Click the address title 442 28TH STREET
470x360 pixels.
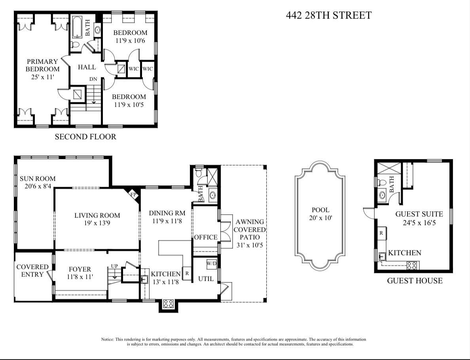[328, 15]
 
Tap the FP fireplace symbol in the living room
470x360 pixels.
[133, 195]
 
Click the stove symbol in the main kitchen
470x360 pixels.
[169, 304]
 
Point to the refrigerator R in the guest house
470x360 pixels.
[381, 233]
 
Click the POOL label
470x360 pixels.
[320, 210]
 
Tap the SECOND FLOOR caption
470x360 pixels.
[85, 137]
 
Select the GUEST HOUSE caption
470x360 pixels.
[414, 281]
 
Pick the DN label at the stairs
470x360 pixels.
[93, 79]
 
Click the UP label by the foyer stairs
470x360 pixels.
[114, 266]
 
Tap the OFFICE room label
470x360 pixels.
[205, 237]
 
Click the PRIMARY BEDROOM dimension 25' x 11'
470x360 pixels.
[42, 77]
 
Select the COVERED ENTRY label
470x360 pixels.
[32, 271]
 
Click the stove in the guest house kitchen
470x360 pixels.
[411, 266]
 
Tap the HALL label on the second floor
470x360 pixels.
[87, 67]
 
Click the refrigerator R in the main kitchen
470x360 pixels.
[186, 273]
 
